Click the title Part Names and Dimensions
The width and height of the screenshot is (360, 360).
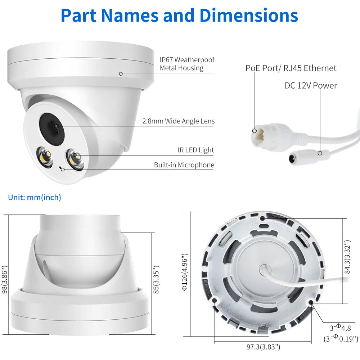tap(179, 15)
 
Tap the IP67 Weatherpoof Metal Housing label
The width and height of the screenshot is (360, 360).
tap(187, 64)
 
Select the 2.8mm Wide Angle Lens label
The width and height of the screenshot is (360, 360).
tap(178, 121)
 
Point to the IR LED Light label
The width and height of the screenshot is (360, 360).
tap(195, 150)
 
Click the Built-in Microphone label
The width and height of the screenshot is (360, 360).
tap(184, 165)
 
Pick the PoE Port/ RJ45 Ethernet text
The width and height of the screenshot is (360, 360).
tap(291, 68)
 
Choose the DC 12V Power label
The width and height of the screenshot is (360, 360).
tap(311, 85)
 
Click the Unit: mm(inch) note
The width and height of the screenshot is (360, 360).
tap(35, 197)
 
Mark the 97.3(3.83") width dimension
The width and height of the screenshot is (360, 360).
tap(263, 347)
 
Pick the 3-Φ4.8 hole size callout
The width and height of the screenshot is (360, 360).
tap(340, 328)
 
